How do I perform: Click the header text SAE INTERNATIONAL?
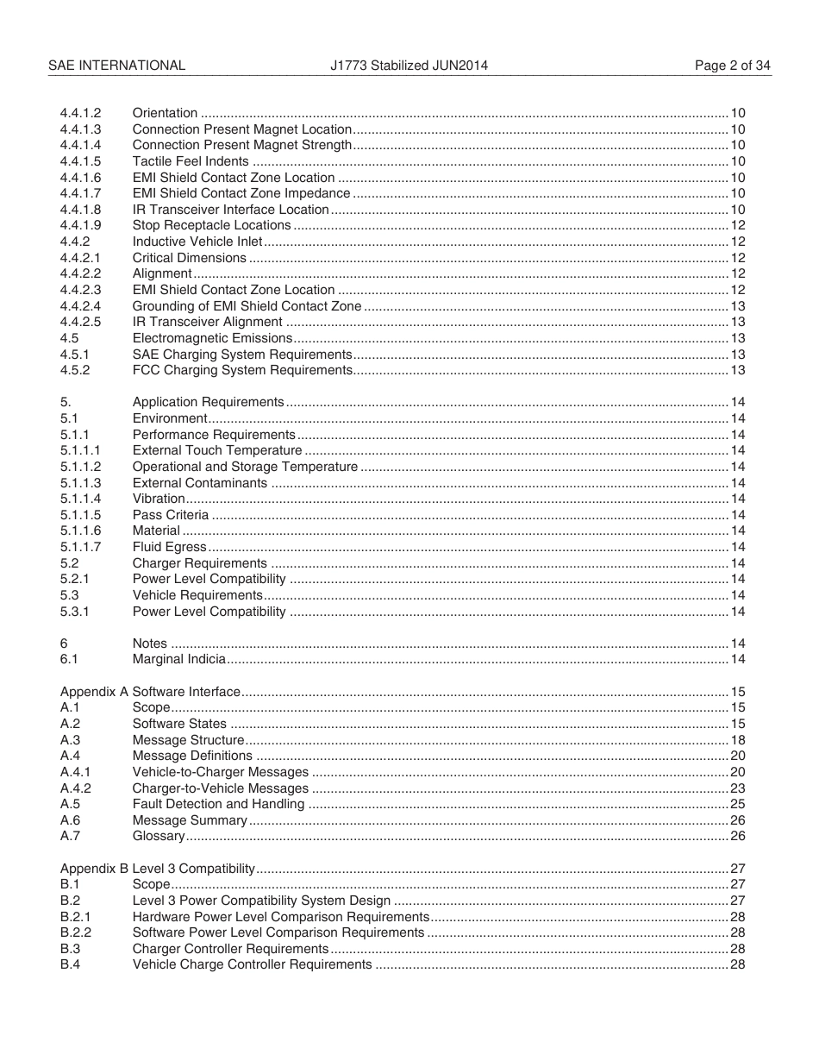(x=116, y=65)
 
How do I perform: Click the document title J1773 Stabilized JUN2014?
(x=409, y=65)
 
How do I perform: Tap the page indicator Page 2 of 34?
(x=733, y=65)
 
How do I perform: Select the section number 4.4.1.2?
(x=80, y=113)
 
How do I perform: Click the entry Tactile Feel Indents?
(x=191, y=161)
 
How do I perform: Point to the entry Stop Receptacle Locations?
(x=211, y=225)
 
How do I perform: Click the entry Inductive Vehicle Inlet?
(x=197, y=242)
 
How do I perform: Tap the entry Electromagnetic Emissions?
(x=212, y=338)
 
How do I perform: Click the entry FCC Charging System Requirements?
(x=242, y=370)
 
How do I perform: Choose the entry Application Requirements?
(x=208, y=402)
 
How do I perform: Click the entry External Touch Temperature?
(x=217, y=450)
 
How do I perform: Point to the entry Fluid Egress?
(x=169, y=547)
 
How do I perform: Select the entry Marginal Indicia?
(x=179, y=659)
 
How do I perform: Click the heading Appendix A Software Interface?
(x=150, y=692)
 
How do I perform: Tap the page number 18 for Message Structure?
(x=737, y=740)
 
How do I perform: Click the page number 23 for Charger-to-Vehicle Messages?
(x=737, y=788)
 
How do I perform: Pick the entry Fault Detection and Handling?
(x=218, y=804)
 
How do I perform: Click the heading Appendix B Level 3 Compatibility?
(x=158, y=868)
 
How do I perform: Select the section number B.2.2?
(x=76, y=932)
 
